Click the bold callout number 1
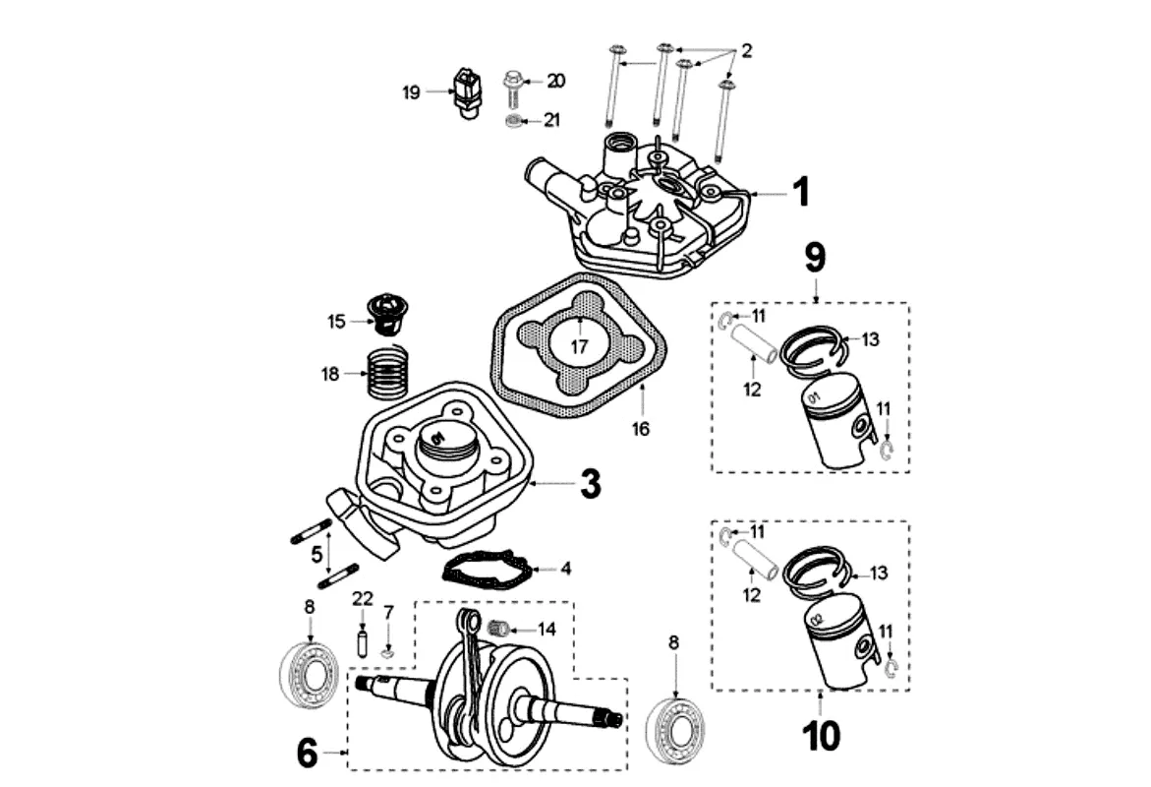(x=801, y=193)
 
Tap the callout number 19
(x=411, y=92)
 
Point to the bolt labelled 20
(x=512, y=86)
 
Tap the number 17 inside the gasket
(x=580, y=346)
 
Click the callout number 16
(x=641, y=429)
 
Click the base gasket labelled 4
(x=488, y=571)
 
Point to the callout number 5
(x=317, y=555)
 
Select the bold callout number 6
(x=307, y=754)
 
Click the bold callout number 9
(x=815, y=257)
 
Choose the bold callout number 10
(x=822, y=735)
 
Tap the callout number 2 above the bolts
(x=746, y=51)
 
